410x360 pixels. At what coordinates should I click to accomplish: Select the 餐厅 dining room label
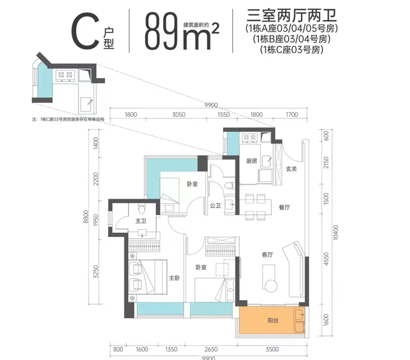285,208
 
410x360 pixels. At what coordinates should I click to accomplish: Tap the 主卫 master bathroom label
141,221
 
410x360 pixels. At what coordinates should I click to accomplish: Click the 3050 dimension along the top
178,115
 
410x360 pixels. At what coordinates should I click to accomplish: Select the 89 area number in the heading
158,32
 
